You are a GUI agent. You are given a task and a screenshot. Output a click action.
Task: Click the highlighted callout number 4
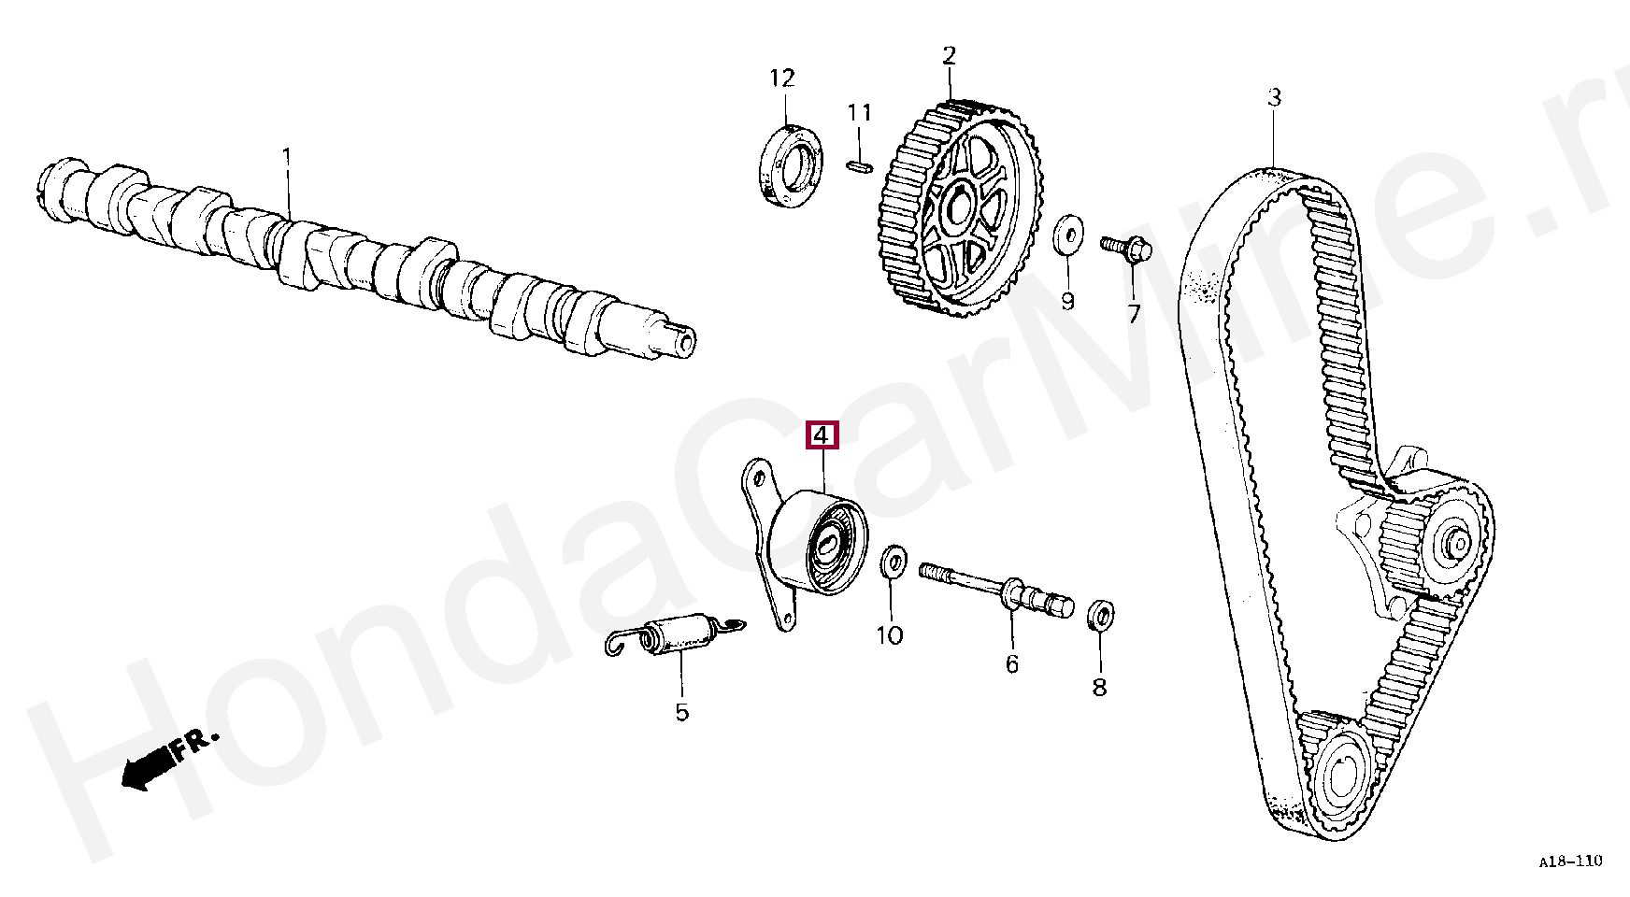pos(822,435)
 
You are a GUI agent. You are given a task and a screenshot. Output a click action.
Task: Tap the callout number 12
pos(782,78)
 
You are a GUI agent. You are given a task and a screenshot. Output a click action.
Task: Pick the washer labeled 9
pos(1066,234)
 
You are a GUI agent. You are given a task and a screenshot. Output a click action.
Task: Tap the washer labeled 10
pos(893,563)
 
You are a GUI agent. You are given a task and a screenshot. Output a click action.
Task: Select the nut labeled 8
pos(1101,615)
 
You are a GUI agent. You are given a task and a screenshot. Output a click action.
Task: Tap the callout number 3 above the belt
pos(1274,97)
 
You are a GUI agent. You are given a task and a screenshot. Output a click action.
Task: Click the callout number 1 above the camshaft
pos(287,154)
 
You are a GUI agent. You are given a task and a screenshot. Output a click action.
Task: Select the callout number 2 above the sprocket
pos(950,56)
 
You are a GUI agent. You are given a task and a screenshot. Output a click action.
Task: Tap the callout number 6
pos(1011,663)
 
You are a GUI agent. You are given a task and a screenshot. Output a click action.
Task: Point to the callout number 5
pos(681,712)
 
